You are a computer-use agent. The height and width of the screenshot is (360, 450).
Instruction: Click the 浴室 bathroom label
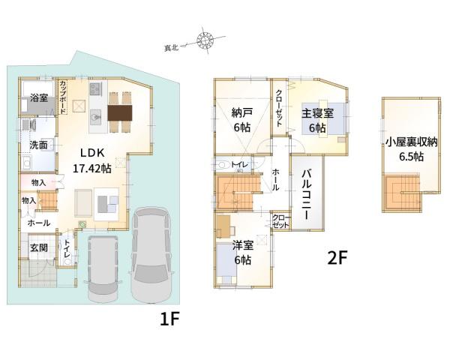coord(39,98)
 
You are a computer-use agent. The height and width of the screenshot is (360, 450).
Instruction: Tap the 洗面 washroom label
coord(38,145)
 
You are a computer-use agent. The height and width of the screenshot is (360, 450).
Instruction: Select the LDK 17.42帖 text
coord(92,160)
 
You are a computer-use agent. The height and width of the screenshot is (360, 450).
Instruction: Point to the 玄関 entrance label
coord(39,247)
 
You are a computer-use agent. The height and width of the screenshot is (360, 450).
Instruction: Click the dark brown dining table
coord(120,112)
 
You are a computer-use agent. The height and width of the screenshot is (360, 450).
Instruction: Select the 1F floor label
coord(169,319)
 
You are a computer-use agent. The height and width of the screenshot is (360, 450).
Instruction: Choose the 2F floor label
coord(337,257)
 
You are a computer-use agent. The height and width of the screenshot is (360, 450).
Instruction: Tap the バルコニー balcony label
coord(307,194)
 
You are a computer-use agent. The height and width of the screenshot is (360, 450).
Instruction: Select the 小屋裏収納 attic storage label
coord(411,142)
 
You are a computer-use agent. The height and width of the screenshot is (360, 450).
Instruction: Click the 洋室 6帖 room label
coord(243,252)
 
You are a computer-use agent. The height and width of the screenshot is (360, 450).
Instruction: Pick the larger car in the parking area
coord(151,255)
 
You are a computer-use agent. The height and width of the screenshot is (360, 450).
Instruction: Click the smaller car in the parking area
coord(103,268)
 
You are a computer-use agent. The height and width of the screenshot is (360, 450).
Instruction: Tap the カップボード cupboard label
coord(63,97)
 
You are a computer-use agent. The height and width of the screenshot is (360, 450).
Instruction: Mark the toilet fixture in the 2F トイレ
coord(223,165)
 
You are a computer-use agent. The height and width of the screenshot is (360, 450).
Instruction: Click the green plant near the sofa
coord(82,224)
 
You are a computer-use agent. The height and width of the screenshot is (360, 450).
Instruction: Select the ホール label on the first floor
coord(39,223)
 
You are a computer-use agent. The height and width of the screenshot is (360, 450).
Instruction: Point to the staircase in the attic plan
coord(403,192)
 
